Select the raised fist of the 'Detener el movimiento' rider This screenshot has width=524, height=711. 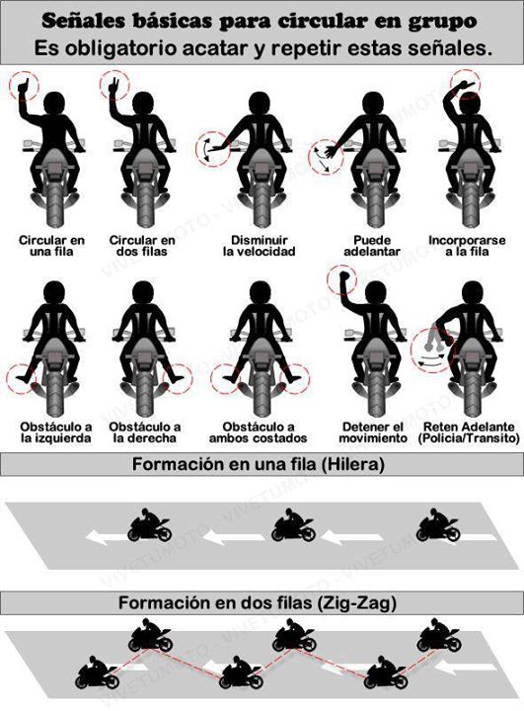tap(343, 276)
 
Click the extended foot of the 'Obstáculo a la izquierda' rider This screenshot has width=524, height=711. tap(22, 377)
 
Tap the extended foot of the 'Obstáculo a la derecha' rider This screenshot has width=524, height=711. tap(178, 377)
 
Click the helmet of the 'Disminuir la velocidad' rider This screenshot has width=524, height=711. tap(260, 104)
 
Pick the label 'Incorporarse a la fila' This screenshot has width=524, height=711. tap(467, 246)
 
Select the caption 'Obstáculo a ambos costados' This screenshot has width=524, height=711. tap(258, 433)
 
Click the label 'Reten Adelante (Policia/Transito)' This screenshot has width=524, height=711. tap(469, 433)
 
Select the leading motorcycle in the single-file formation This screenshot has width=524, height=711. tap(150, 525)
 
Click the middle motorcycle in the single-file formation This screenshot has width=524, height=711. tap(293, 525)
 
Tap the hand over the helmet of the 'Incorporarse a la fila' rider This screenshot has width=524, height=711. tap(464, 85)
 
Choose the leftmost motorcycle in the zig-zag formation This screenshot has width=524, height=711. tap(98, 672)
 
